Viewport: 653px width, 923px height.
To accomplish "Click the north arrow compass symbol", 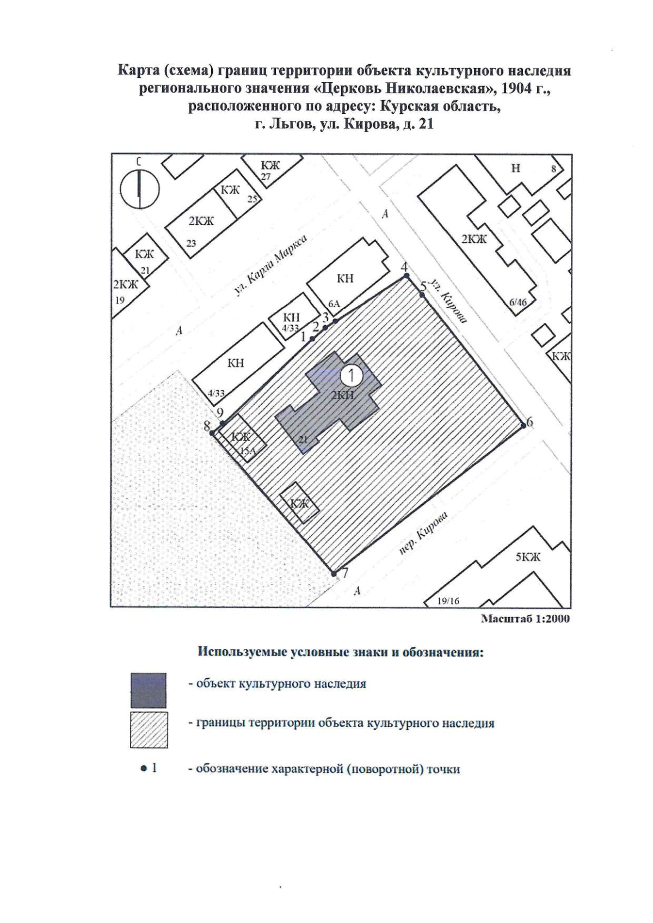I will point(139,189).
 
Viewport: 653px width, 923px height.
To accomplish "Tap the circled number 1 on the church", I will point(352,375).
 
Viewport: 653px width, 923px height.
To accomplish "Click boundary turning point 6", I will point(523,425).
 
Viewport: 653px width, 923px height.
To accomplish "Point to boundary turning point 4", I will point(406,277).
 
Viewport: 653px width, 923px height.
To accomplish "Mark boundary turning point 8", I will point(212,433).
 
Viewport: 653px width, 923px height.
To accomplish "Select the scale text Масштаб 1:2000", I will point(526,619).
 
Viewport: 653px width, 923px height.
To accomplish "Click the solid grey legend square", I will point(149,690).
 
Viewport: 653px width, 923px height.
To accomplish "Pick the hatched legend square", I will point(149,730).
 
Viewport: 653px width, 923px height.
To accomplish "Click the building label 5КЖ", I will point(527,557).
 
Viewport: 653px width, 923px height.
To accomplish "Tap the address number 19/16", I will point(448,601).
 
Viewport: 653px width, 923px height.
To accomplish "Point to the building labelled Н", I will point(515,169).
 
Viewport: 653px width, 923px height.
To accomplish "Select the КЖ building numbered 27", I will point(270,166).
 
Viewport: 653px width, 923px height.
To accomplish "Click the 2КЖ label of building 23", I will point(201,221).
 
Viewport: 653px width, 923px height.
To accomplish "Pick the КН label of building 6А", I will point(345,279).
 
